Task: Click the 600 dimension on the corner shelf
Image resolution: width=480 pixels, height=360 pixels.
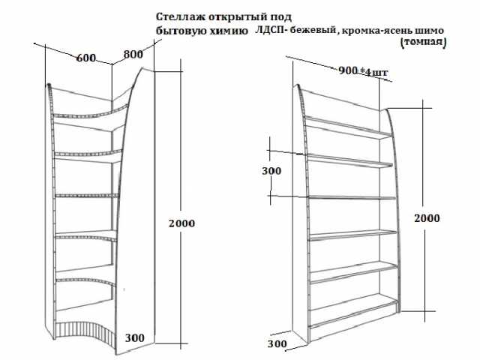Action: [86, 58]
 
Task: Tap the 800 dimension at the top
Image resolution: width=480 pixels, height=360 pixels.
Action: [133, 54]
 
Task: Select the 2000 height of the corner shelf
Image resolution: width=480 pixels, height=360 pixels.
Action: [181, 223]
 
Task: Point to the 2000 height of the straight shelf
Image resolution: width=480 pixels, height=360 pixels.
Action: [427, 218]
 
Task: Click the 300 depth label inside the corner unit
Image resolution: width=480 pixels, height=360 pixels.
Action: [135, 338]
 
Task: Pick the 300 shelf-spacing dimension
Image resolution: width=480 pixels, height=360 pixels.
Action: [271, 171]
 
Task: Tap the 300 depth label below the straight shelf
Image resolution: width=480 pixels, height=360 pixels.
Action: [277, 343]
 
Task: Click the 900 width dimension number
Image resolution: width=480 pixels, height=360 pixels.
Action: [348, 70]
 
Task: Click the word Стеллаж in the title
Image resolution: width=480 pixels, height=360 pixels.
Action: [181, 16]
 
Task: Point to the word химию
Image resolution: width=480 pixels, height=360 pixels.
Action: [228, 31]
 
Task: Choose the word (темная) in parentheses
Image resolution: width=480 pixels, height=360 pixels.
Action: [423, 42]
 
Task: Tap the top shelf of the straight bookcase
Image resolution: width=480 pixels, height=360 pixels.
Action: [348, 127]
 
